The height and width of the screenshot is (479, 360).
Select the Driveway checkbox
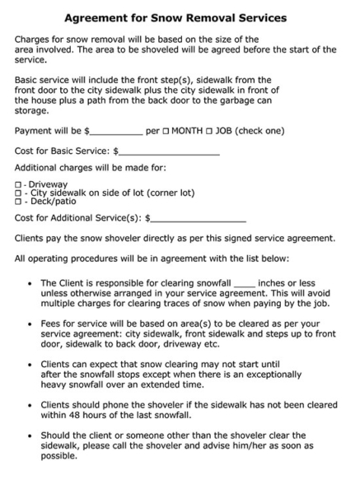point(18,184)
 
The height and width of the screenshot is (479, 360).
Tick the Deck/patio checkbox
point(18,201)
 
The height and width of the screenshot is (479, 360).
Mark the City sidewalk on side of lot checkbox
point(18,193)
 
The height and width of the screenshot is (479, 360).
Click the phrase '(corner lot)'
point(168,193)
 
